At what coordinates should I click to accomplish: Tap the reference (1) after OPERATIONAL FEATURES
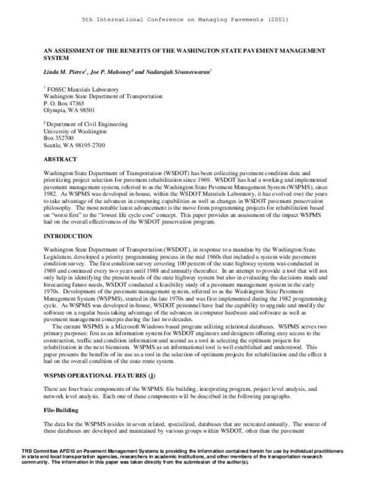point(152,359)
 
